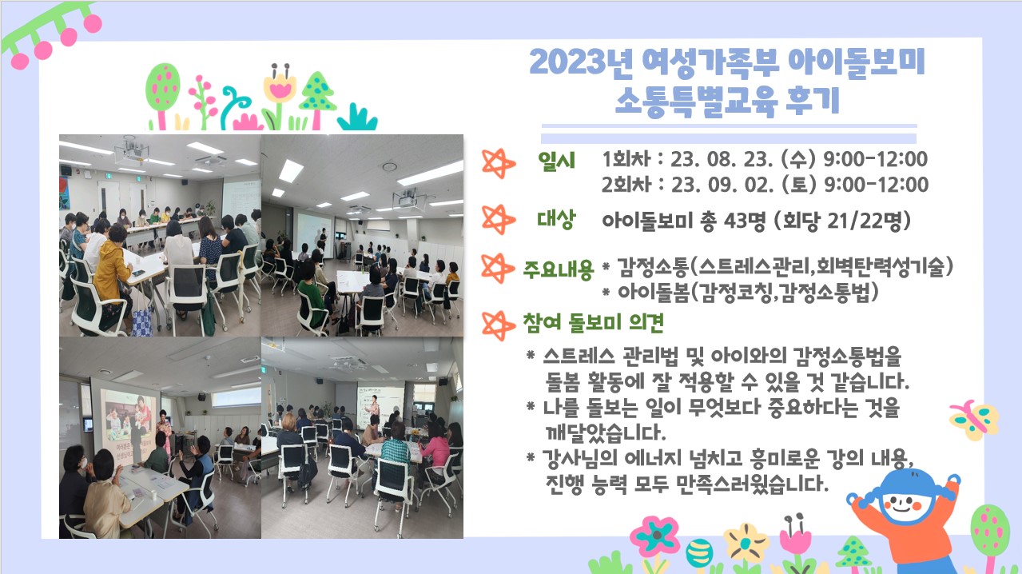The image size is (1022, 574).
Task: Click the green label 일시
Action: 556,161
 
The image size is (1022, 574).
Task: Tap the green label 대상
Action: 556,220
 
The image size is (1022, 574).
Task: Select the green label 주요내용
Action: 558,269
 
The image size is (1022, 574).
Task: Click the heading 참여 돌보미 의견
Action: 593,322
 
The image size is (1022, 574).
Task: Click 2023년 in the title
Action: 581,62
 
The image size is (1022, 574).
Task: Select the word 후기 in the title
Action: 813,101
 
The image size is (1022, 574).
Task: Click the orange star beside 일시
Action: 498,163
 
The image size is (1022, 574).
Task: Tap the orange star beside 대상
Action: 498,220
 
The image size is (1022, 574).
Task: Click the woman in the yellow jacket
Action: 112,274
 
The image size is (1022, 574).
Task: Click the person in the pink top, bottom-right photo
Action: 435,450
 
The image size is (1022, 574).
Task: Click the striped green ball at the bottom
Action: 699,552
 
